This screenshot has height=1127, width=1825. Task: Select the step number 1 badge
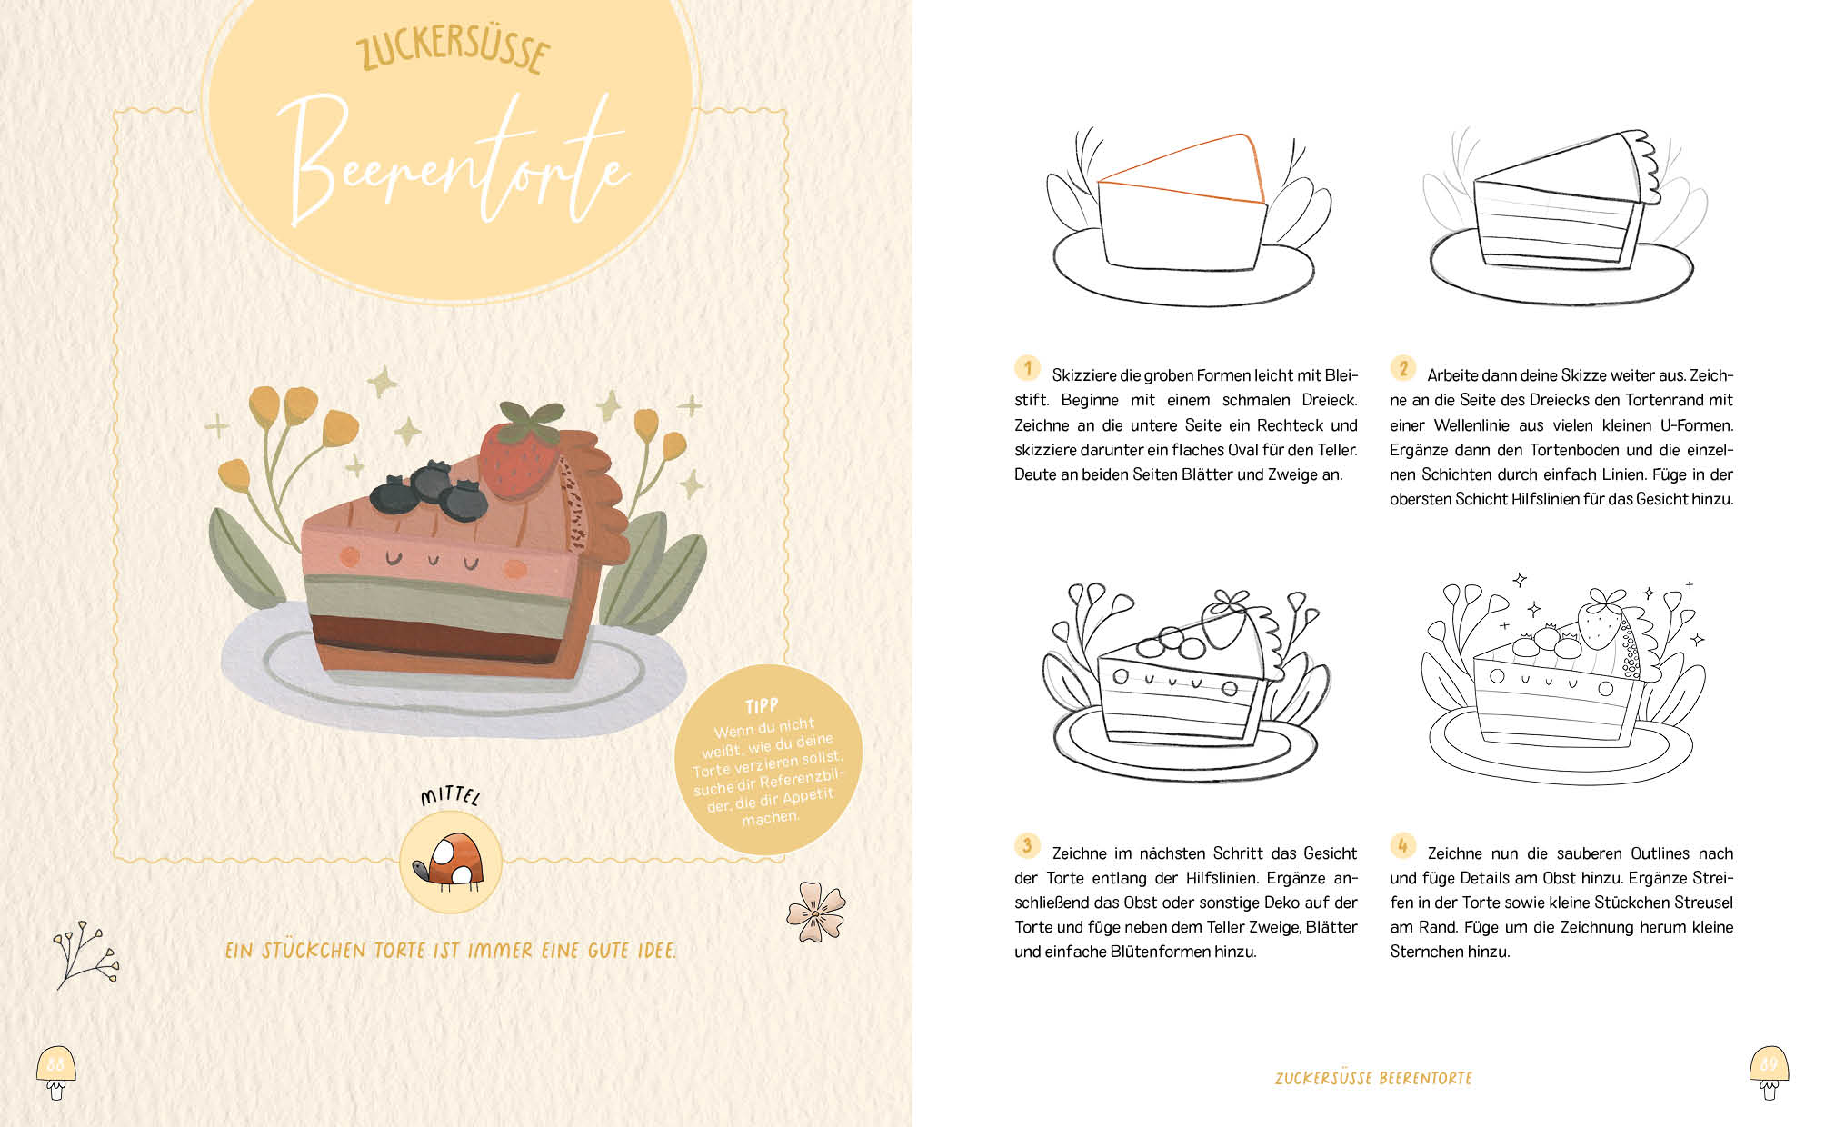pyautogui.click(x=1027, y=369)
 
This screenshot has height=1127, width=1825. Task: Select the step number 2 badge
pyautogui.click(x=1402, y=368)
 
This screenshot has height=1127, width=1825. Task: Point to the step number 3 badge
pyautogui.click(x=1027, y=846)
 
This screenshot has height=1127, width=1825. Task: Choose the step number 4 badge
pyautogui.click(x=1402, y=846)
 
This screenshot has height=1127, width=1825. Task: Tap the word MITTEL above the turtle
pyautogui.click(x=450, y=797)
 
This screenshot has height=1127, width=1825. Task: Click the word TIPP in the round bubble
pyautogui.click(x=762, y=706)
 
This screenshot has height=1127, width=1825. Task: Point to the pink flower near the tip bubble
pyautogui.click(x=816, y=912)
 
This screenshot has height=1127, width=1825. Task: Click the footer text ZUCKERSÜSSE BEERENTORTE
pyautogui.click(x=1373, y=1078)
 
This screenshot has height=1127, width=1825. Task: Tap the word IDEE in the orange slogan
pyautogui.click(x=656, y=951)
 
